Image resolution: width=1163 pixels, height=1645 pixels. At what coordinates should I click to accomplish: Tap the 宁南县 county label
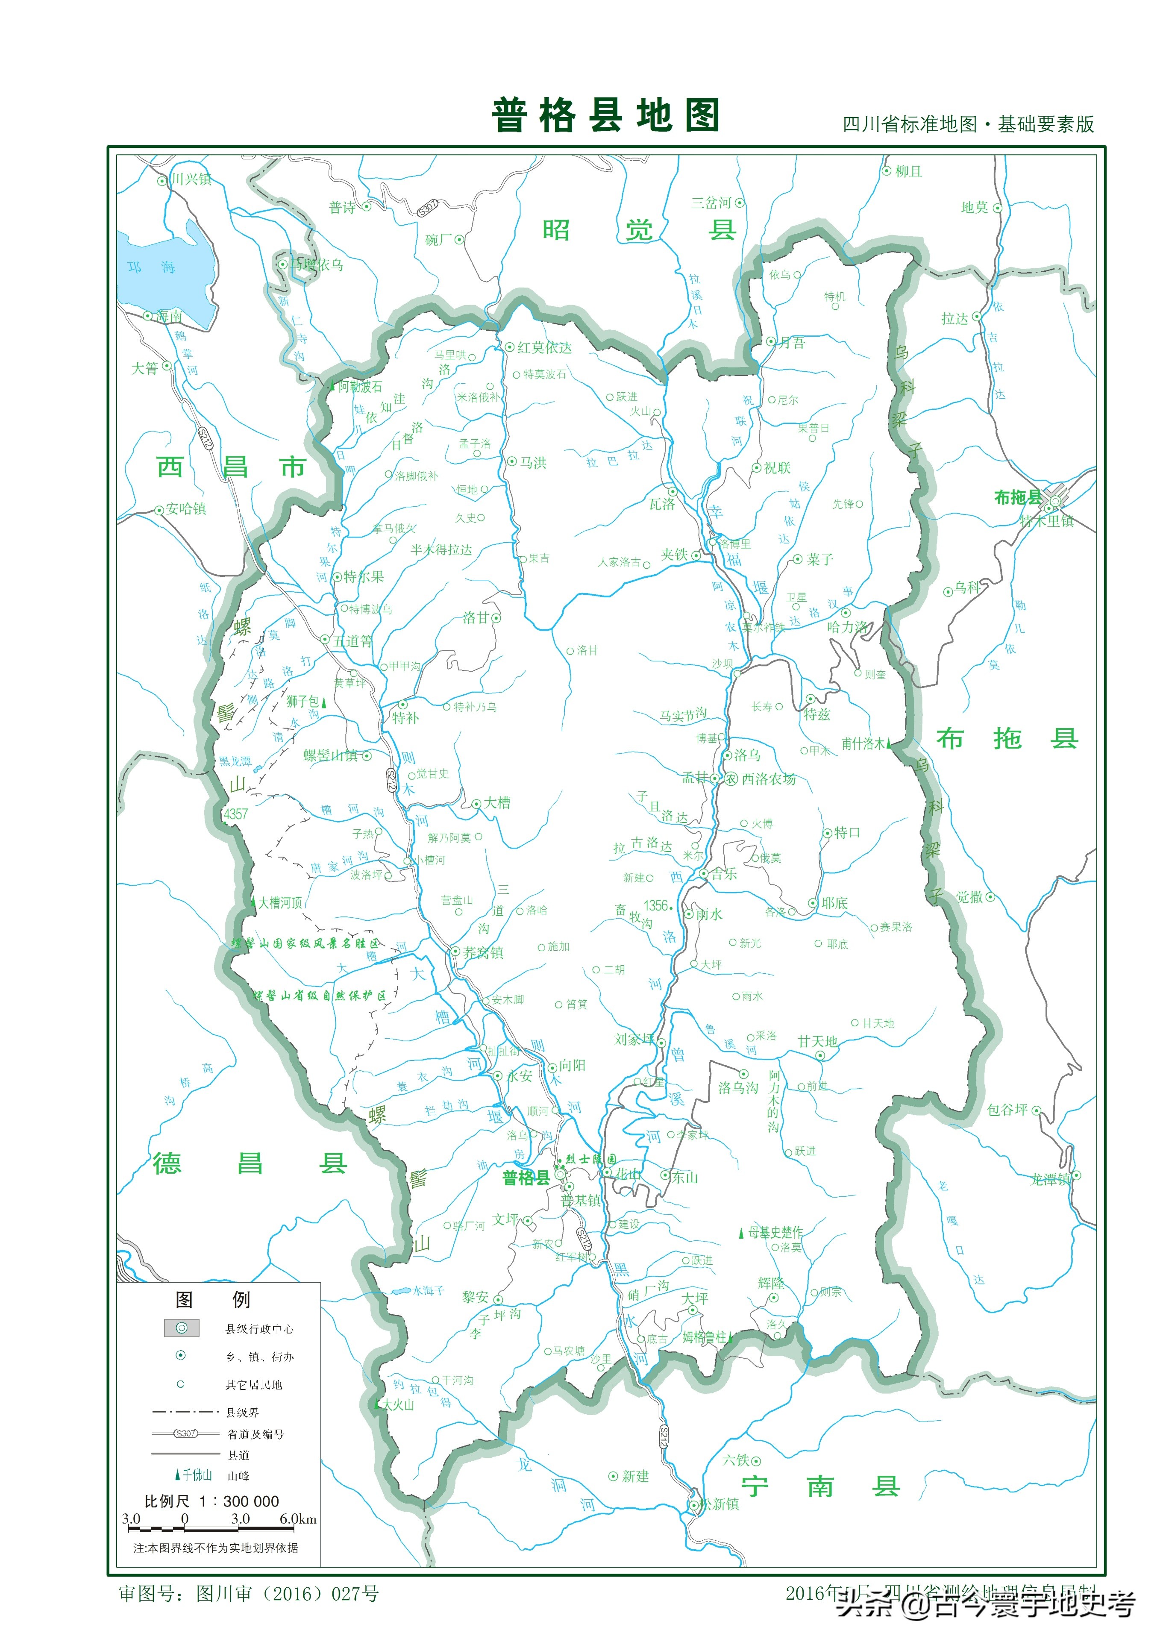(x=820, y=1486)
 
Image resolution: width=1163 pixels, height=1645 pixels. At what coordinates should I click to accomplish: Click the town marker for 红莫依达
(x=509, y=347)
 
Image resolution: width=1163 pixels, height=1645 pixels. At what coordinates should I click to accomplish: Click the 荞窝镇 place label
(x=483, y=952)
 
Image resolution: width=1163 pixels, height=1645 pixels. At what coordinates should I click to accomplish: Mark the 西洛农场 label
(x=768, y=779)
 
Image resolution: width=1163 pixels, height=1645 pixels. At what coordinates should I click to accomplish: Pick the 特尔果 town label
(x=363, y=577)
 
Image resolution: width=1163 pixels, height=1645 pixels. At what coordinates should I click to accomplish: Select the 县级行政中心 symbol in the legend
(x=182, y=1328)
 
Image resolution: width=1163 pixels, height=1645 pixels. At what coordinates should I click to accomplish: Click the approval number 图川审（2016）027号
(x=287, y=1594)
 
